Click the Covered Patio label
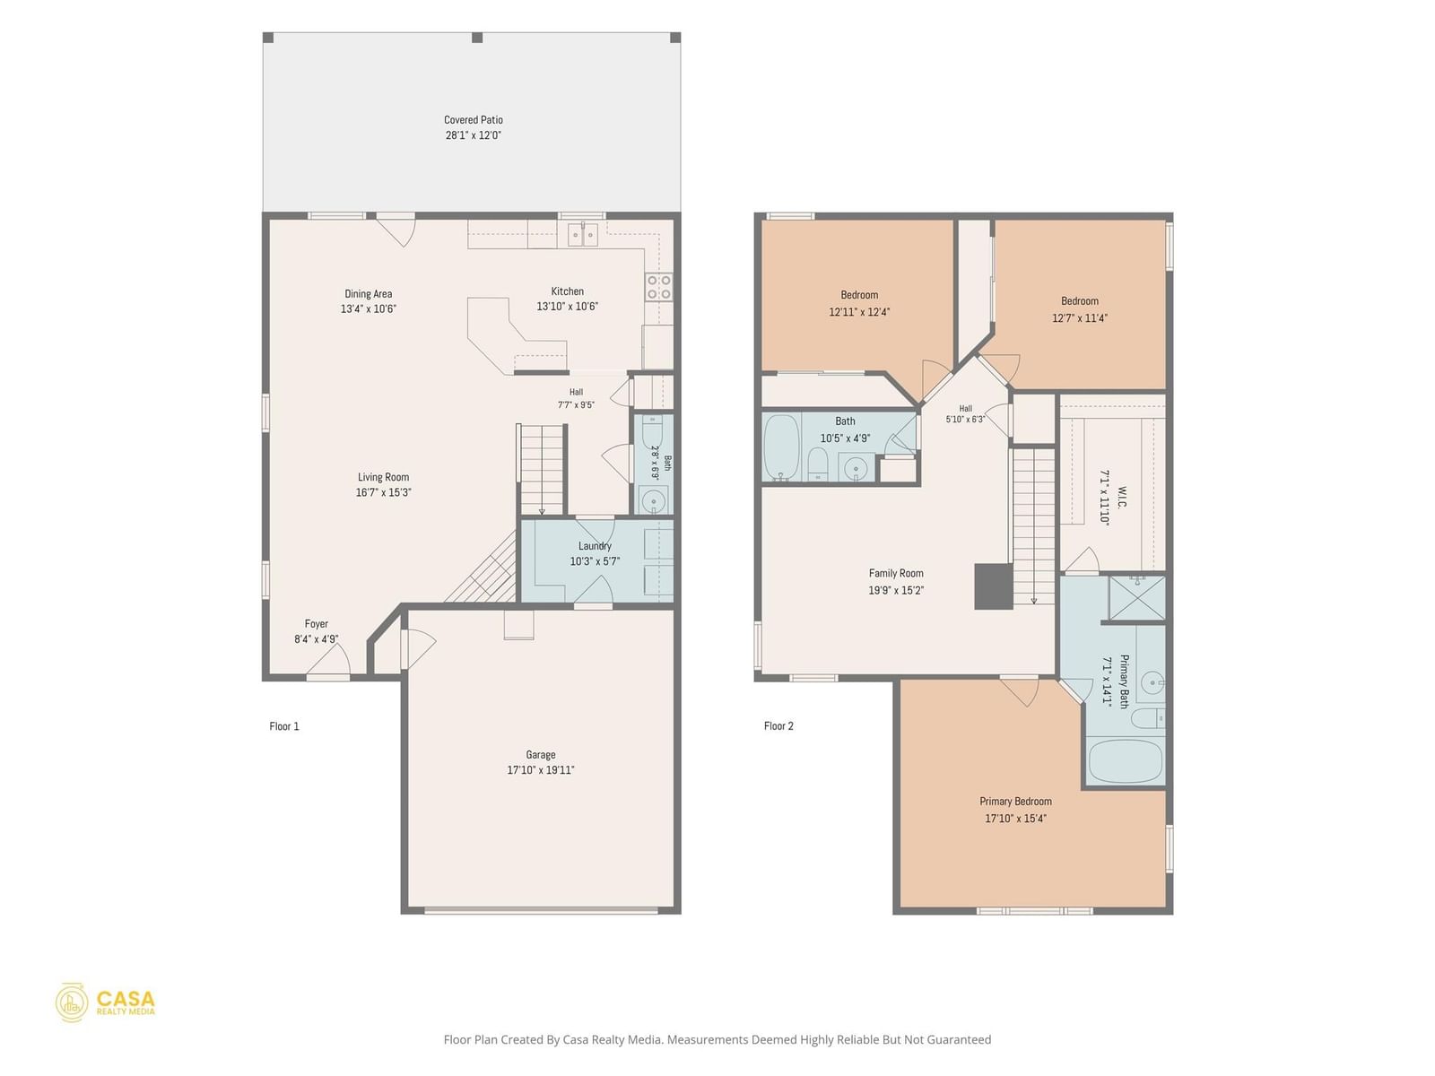tap(474, 120)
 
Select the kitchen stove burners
tap(658, 288)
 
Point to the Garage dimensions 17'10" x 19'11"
tap(541, 770)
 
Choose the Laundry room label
tap(595, 546)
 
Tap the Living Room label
tap(383, 478)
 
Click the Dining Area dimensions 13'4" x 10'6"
tap(368, 309)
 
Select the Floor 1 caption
tap(283, 726)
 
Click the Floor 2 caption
tap(778, 725)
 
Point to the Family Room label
tap(896, 574)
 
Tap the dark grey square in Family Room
tap(994, 586)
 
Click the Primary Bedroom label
tap(1015, 802)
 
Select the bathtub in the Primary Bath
tap(1125, 761)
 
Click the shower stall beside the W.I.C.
tap(1137, 598)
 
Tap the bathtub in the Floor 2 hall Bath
tap(781, 447)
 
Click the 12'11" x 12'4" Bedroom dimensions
tap(859, 312)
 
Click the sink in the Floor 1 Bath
tap(653, 501)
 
